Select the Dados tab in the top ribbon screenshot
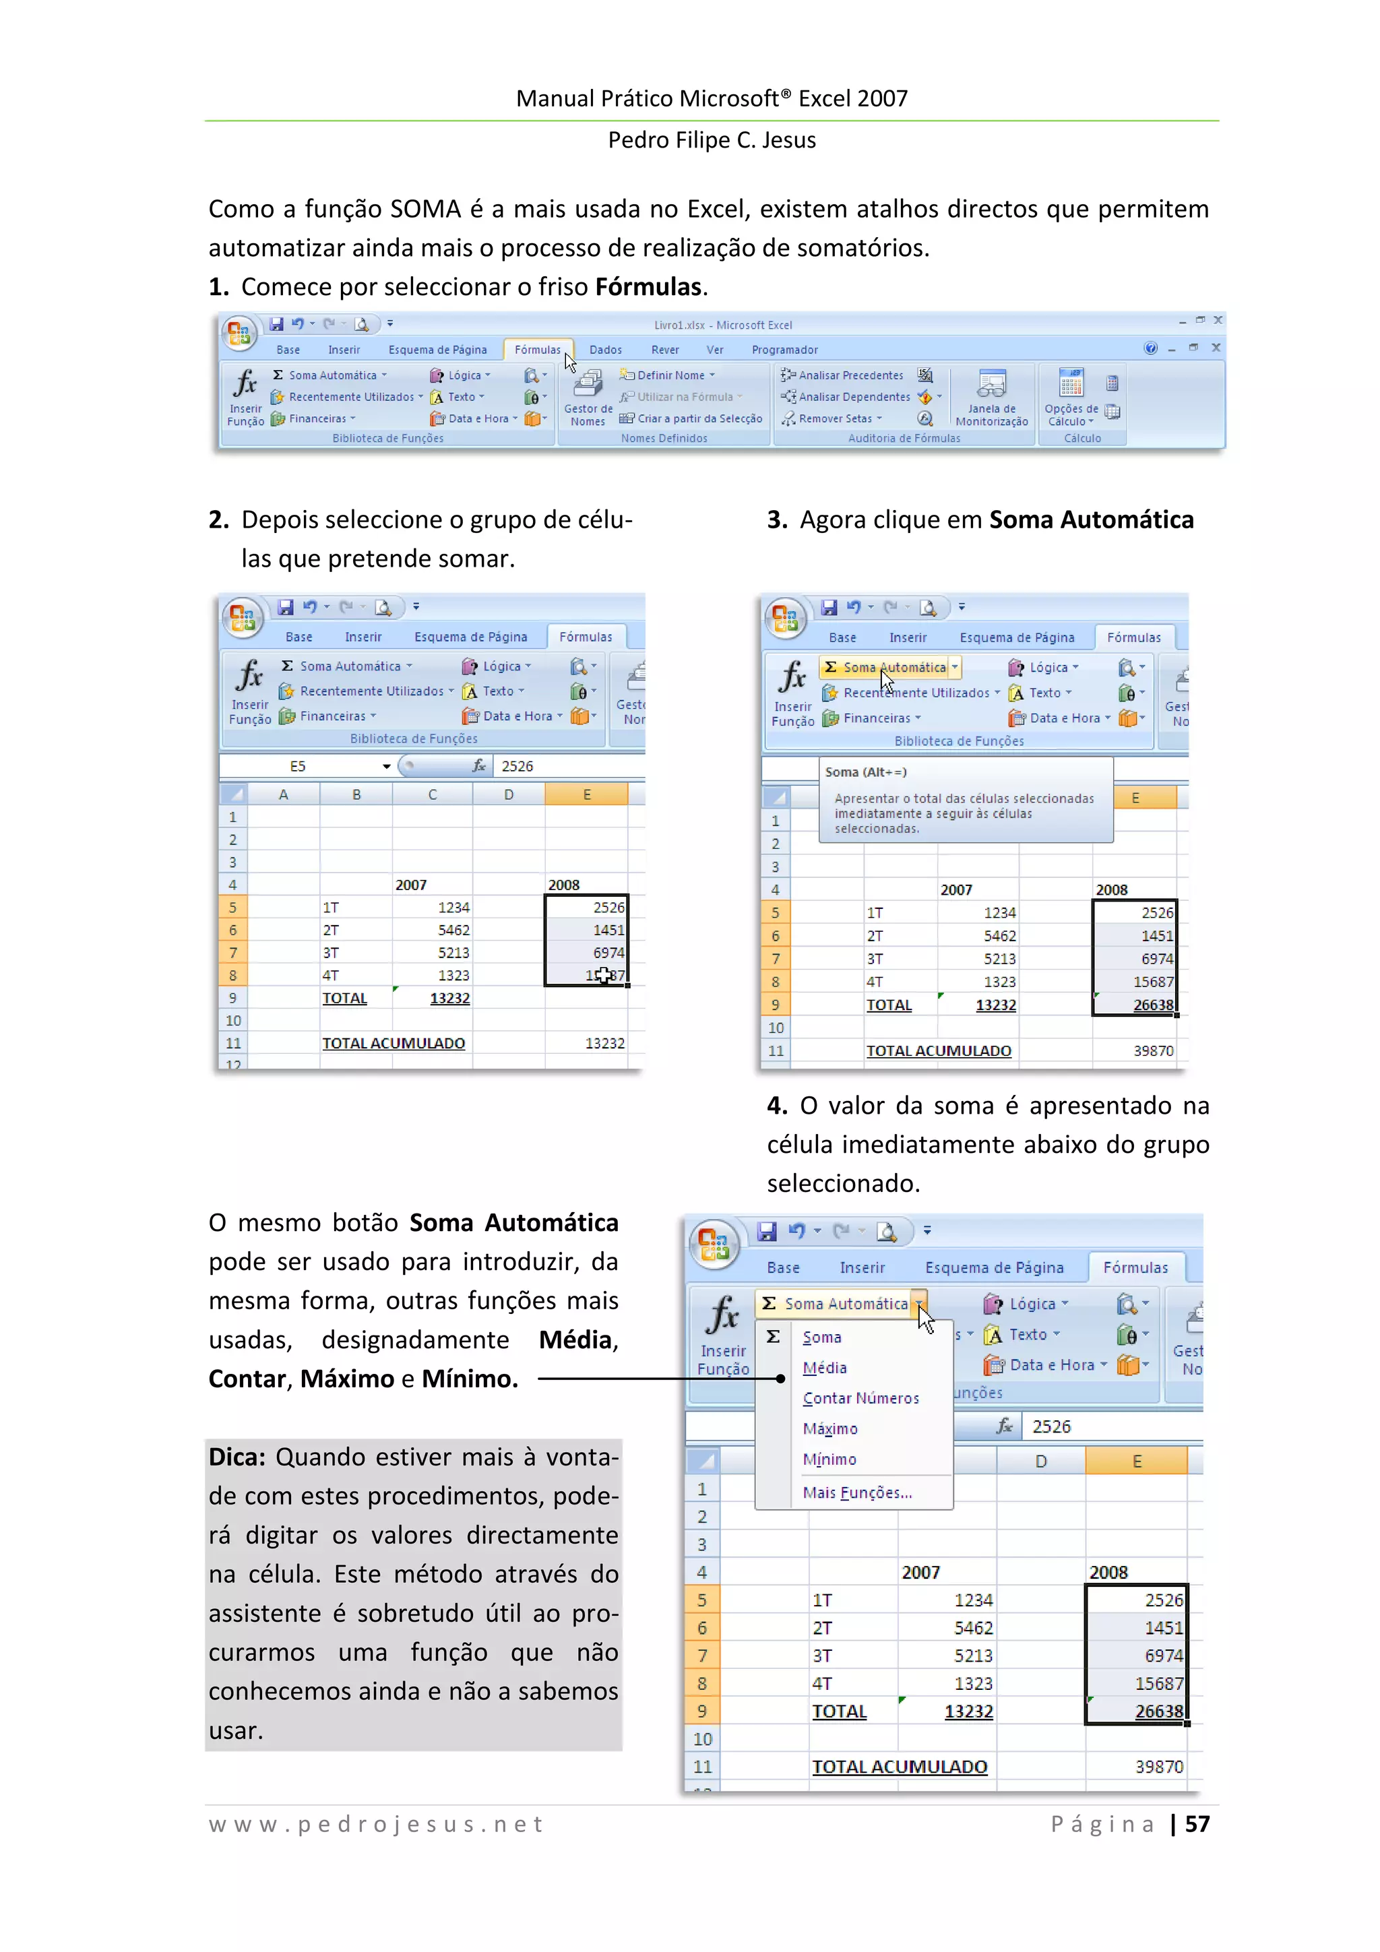pos(604,350)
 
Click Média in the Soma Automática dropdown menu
pos(824,1368)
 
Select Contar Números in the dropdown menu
pos(860,1399)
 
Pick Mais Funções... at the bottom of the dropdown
pos(856,1493)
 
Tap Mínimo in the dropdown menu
pos(829,1459)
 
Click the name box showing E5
pos(298,766)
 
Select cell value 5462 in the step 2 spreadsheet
pos(453,930)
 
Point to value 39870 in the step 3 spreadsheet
pos(1152,1051)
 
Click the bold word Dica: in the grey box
pos(237,1457)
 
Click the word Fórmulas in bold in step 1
pos(648,287)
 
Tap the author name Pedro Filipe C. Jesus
pos(711,140)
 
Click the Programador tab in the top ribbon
pos(784,350)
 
